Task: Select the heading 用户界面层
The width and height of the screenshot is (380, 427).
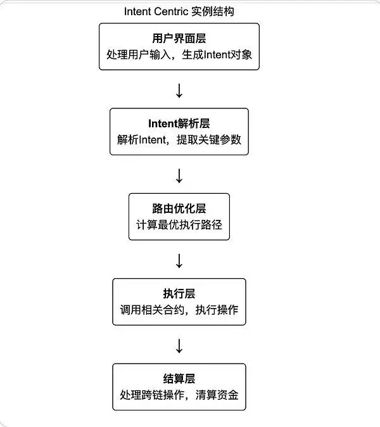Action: tap(179, 38)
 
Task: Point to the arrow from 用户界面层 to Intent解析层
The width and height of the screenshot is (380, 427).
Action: tap(179, 90)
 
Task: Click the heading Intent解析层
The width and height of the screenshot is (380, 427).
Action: tap(179, 123)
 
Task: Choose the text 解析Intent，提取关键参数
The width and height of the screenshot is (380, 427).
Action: tap(179, 139)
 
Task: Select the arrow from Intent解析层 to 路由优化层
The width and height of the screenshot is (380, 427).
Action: tap(179, 175)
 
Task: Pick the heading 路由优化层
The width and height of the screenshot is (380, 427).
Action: tap(179, 208)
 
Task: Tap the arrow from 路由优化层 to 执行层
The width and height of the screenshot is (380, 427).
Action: tap(179, 260)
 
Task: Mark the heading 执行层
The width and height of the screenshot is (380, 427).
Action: tap(179, 293)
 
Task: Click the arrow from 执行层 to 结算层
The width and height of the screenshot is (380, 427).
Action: tap(179, 346)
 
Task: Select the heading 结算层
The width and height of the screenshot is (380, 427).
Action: tap(179, 379)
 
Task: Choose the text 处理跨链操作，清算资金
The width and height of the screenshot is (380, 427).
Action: tap(179, 395)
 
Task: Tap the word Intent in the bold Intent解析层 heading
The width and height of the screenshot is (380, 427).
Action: tap(161, 123)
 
